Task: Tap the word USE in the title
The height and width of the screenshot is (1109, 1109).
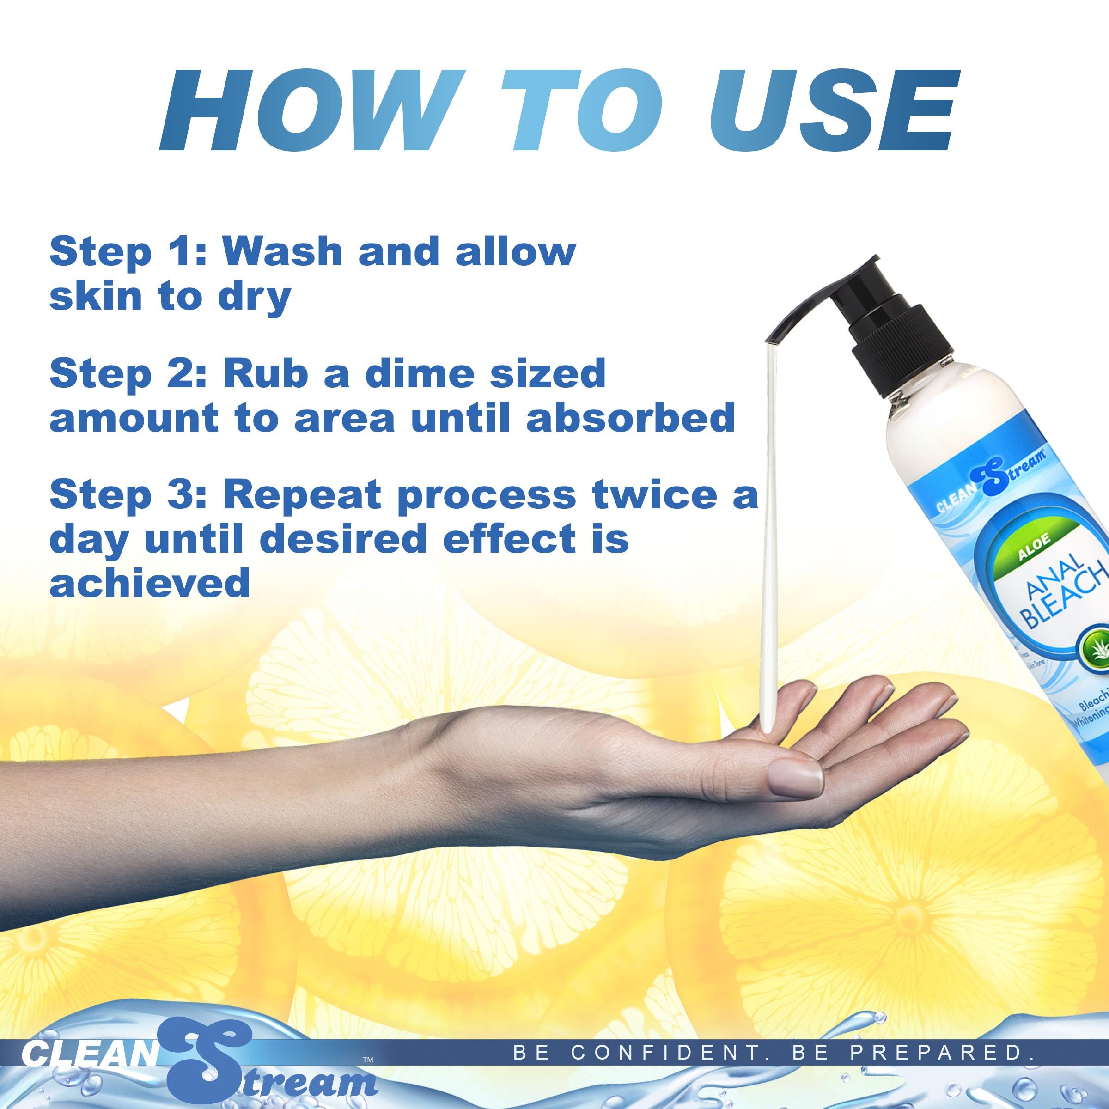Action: [x=832, y=111]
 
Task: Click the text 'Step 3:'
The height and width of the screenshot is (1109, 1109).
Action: [x=128, y=495]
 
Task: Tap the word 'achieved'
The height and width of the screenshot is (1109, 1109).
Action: [x=150, y=584]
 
